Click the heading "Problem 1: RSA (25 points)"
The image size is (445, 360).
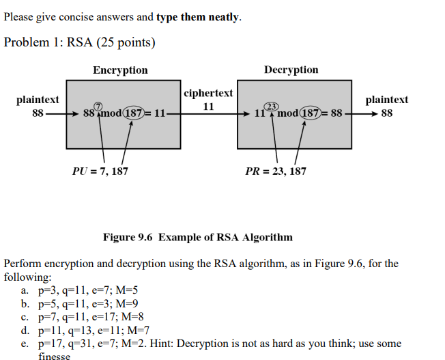pyautogui.click(x=79, y=43)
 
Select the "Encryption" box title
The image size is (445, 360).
pyautogui.click(x=120, y=70)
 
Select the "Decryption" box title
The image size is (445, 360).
pyautogui.click(x=291, y=70)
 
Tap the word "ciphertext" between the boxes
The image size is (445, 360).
pyautogui.click(x=208, y=93)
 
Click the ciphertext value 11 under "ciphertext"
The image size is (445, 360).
pyautogui.click(x=208, y=107)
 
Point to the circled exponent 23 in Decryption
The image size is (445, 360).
pyautogui.click(x=271, y=106)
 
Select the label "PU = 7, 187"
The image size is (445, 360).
pyautogui.click(x=100, y=171)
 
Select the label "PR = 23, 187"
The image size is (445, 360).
pyautogui.click(x=276, y=171)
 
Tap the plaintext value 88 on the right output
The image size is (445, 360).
pyautogui.click(x=386, y=113)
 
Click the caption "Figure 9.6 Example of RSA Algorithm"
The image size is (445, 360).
pyautogui.click(x=197, y=237)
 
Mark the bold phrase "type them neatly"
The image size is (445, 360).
pyautogui.click(x=198, y=17)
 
